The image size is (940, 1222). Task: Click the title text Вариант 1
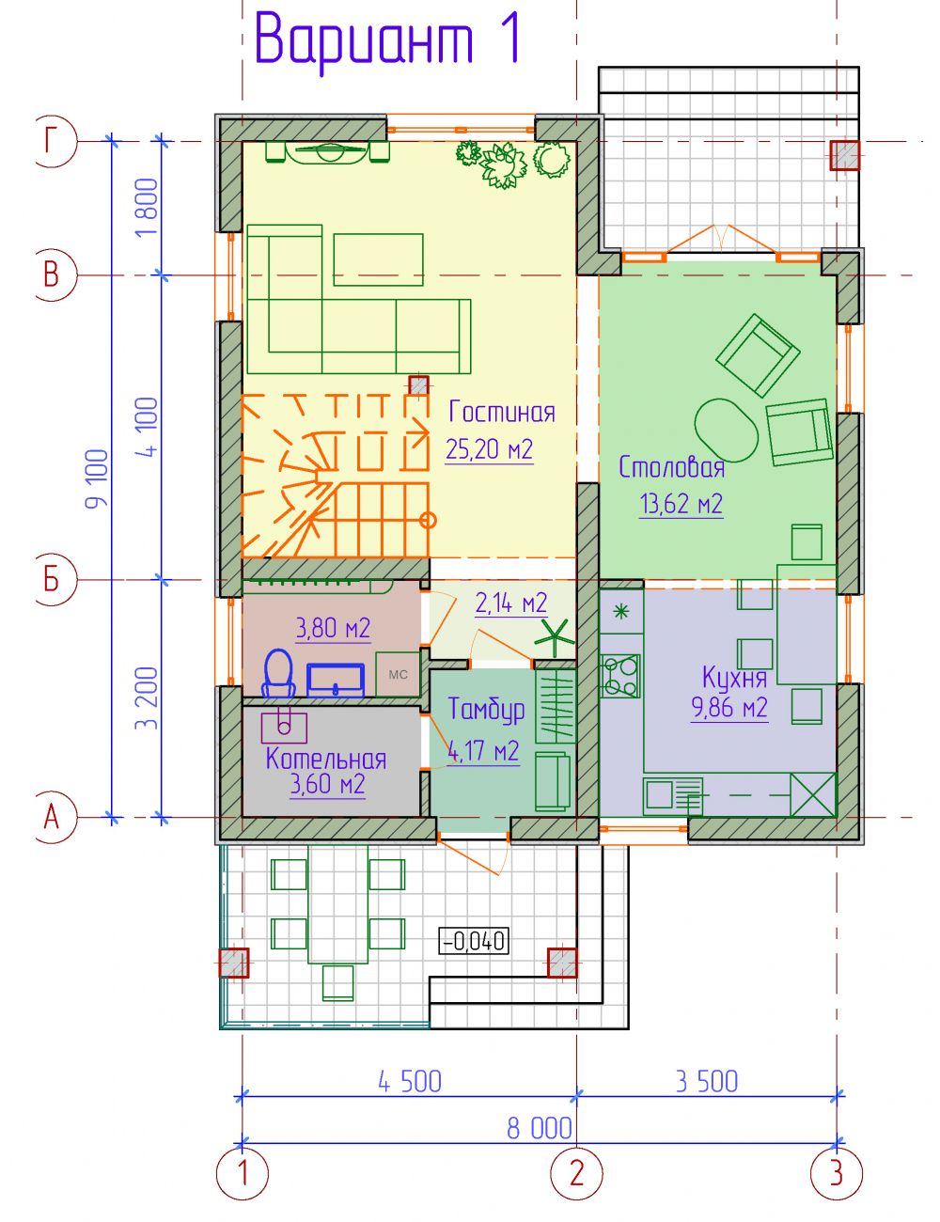click(389, 39)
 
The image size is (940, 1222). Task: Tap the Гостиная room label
click(502, 413)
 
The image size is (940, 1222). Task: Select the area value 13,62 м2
click(681, 503)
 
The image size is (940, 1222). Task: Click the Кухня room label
click(735, 677)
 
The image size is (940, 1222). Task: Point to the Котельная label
click(326, 759)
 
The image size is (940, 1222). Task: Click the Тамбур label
click(487, 710)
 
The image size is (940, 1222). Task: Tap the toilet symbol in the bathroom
click(278, 673)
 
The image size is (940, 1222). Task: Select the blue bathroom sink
click(336, 680)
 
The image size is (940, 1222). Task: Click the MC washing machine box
click(398, 673)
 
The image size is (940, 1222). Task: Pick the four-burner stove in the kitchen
click(620, 675)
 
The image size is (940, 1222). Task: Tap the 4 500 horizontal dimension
click(410, 1081)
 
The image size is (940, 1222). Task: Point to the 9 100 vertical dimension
click(96, 478)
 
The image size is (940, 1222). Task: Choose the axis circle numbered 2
click(577, 1175)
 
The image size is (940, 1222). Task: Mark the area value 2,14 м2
click(511, 603)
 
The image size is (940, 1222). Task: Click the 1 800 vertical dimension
click(148, 208)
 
